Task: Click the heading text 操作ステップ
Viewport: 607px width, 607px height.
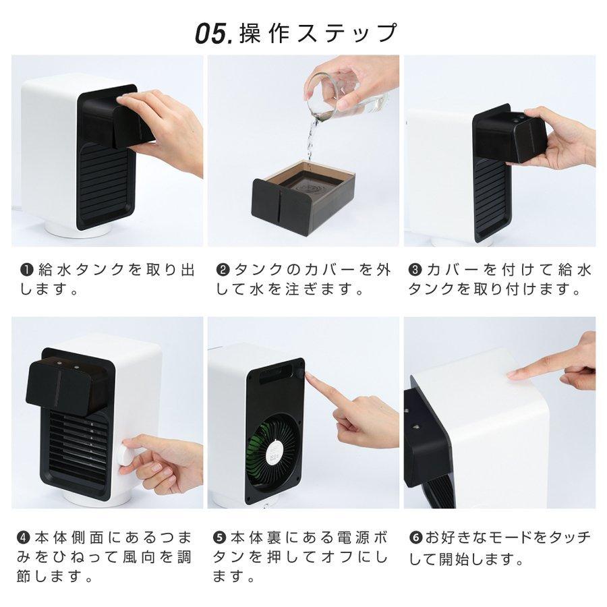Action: (x=318, y=33)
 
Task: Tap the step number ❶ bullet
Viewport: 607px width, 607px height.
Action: (x=26, y=270)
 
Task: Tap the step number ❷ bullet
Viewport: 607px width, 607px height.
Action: (x=223, y=270)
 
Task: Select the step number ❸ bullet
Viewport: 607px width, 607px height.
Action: (x=416, y=270)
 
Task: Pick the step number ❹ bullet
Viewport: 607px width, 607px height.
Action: (x=24, y=538)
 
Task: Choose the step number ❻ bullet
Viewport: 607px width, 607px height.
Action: (x=416, y=538)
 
